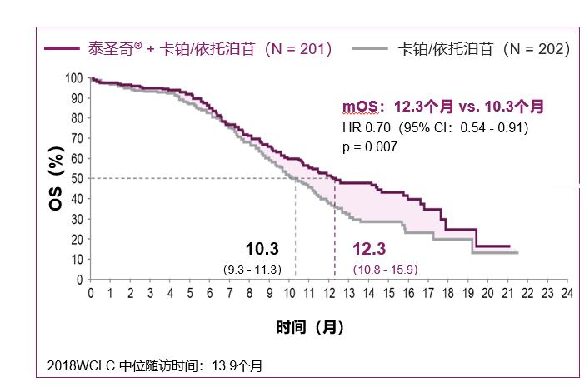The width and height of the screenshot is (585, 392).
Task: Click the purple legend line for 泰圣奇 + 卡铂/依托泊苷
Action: (x=62, y=49)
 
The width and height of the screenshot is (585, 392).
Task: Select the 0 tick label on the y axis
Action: (x=79, y=279)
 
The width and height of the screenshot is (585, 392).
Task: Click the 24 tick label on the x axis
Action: (x=566, y=294)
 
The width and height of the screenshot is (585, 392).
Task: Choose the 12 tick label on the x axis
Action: (x=328, y=294)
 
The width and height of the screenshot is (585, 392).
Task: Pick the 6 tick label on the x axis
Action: (x=210, y=294)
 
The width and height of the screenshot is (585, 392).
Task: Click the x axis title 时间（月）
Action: (x=310, y=327)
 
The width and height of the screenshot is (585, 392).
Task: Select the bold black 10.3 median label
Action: (x=262, y=249)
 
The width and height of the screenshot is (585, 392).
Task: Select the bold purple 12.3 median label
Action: (x=369, y=249)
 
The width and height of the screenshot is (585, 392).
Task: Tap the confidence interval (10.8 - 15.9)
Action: (x=385, y=269)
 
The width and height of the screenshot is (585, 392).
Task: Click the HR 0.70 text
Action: (x=367, y=128)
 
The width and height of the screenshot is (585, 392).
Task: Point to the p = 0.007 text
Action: (x=370, y=146)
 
